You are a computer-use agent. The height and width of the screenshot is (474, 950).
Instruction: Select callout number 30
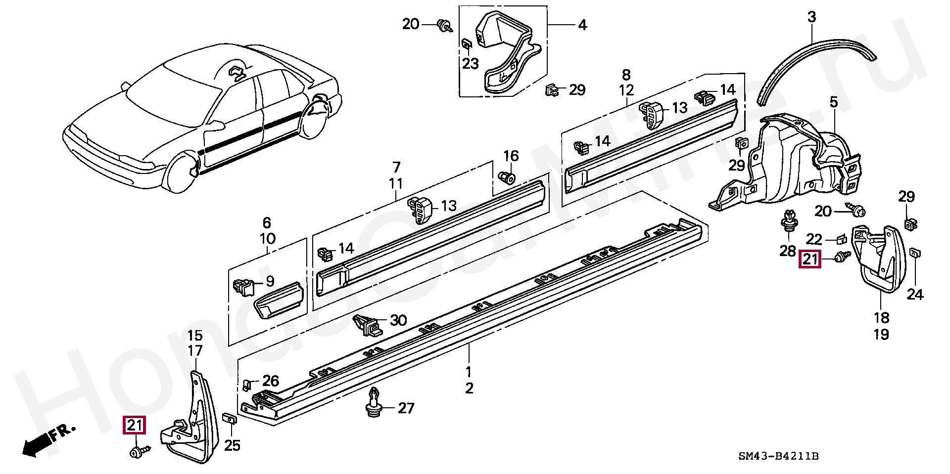(398, 320)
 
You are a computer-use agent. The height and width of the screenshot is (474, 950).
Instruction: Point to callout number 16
(511, 156)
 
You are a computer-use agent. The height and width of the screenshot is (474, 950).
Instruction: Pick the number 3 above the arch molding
(811, 17)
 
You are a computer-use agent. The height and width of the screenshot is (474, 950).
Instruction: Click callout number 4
(582, 25)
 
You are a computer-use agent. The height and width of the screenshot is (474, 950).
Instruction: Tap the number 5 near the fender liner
(834, 102)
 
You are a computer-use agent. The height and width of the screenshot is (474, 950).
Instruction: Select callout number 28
(788, 251)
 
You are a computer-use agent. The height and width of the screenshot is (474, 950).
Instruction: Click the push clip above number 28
(789, 225)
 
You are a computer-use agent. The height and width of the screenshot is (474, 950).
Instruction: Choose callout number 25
(232, 445)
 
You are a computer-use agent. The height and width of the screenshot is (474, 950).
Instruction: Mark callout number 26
(271, 381)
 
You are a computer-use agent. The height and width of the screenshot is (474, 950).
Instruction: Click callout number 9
(270, 282)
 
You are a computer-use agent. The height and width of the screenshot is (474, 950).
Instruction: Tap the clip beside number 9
(242, 287)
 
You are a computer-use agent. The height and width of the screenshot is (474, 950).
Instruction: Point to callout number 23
(471, 64)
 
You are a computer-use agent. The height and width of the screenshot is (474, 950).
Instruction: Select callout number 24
(915, 295)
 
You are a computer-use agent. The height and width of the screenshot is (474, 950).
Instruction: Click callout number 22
(814, 240)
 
